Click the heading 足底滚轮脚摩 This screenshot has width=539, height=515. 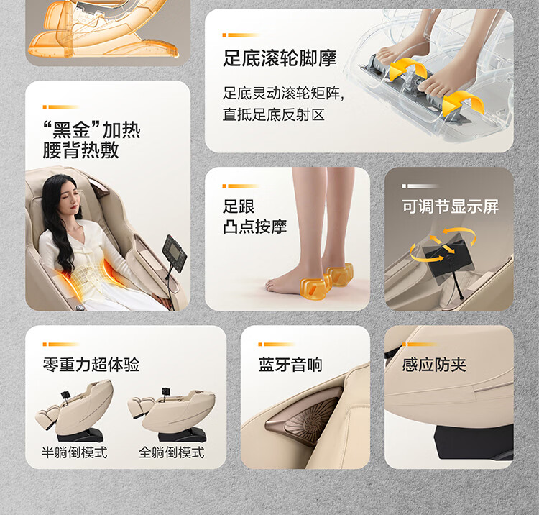click(x=280, y=58)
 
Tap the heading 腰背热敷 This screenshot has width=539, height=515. click(x=80, y=150)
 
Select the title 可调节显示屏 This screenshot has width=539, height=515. click(x=451, y=206)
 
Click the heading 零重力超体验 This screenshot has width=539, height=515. click(x=91, y=365)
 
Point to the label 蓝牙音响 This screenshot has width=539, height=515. click(x=290, y=365)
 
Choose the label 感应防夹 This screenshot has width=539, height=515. click(x=434, y=365)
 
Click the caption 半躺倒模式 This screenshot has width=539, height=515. click(x=74, y=452)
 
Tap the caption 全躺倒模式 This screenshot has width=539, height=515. click(x=172, y=452)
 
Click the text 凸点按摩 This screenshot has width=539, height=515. click(x=254, y=227)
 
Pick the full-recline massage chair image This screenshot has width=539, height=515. click(x=172, y=414)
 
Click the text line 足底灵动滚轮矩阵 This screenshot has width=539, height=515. click(x=283, y=94)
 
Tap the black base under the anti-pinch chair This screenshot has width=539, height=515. click(x=474, y=442)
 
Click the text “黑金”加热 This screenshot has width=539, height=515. click(x=92, y=129)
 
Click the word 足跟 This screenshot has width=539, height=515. click(x=239, y=206)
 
